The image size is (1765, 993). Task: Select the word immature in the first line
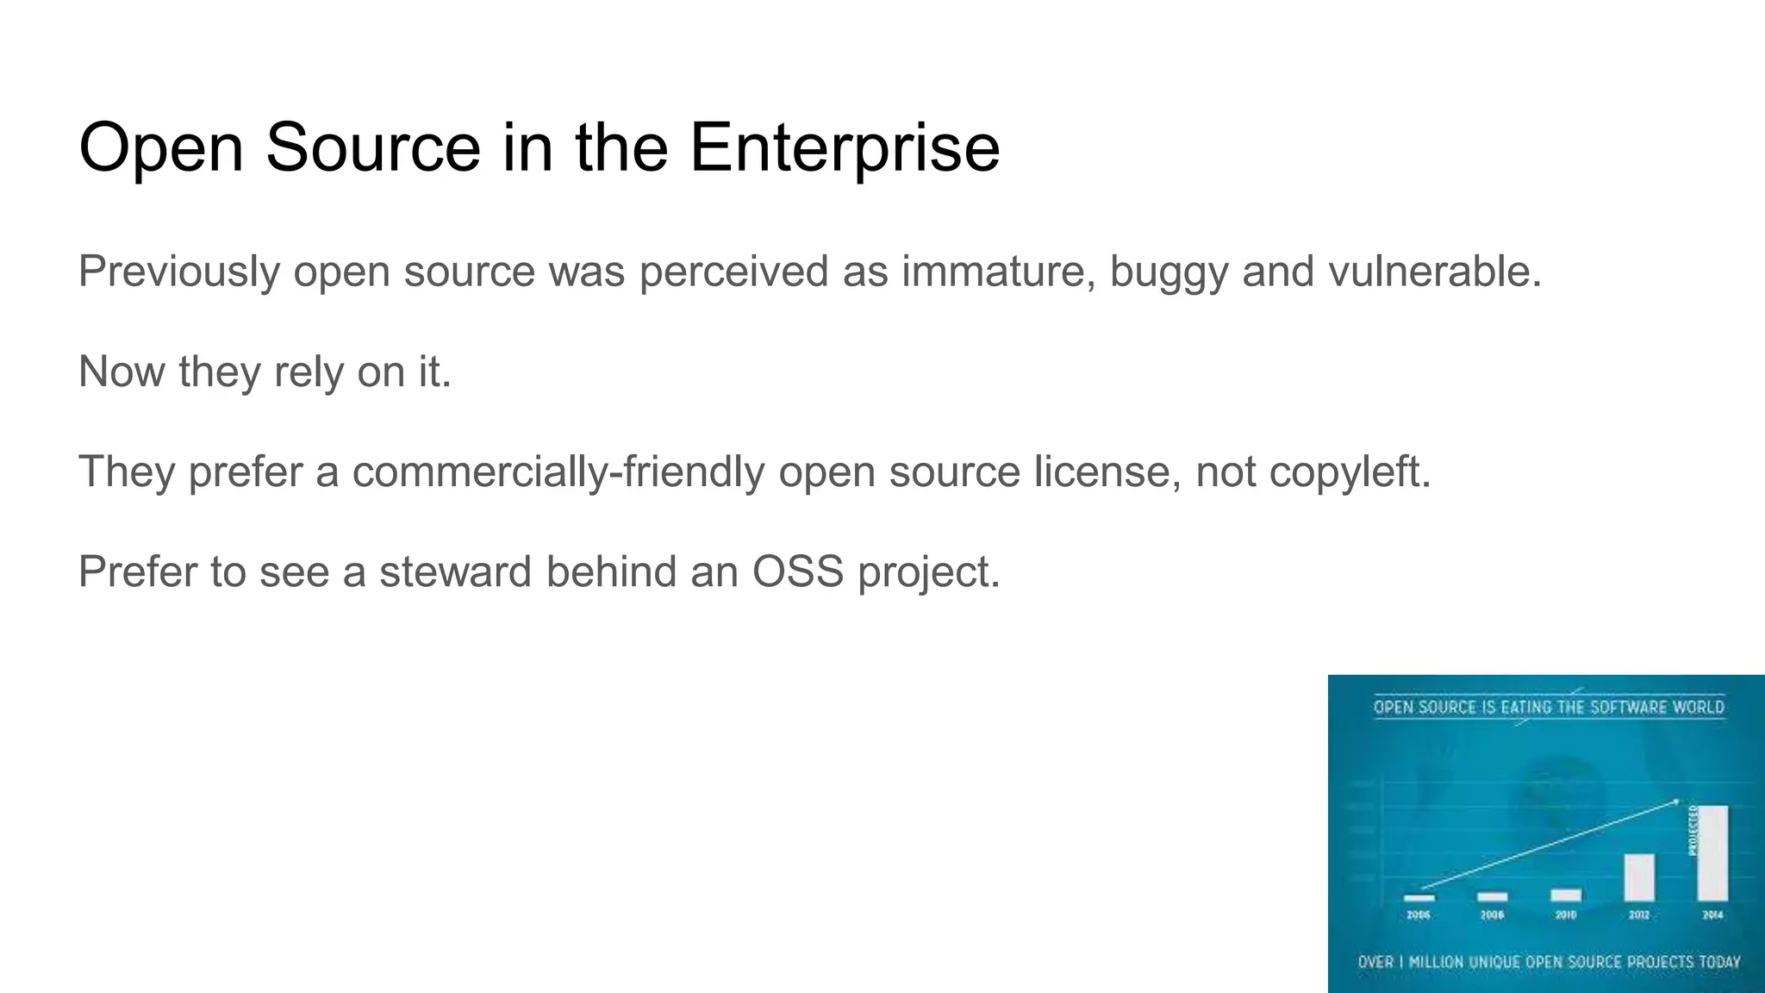[999, 272]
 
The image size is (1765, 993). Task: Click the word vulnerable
[1434, 272]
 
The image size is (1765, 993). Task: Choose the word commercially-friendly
[558, 472]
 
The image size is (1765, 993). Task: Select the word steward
[455, 571]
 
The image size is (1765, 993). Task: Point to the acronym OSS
[797, 571]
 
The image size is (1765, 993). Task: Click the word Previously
[178, 272]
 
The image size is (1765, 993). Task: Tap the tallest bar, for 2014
[1712, 853]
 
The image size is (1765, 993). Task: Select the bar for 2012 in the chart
[1639, 877]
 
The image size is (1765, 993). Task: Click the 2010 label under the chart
[1566, 915]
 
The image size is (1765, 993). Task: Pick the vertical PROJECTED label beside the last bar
[1693, 830]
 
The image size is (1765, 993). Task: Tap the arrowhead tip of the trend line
[1676, 802]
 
